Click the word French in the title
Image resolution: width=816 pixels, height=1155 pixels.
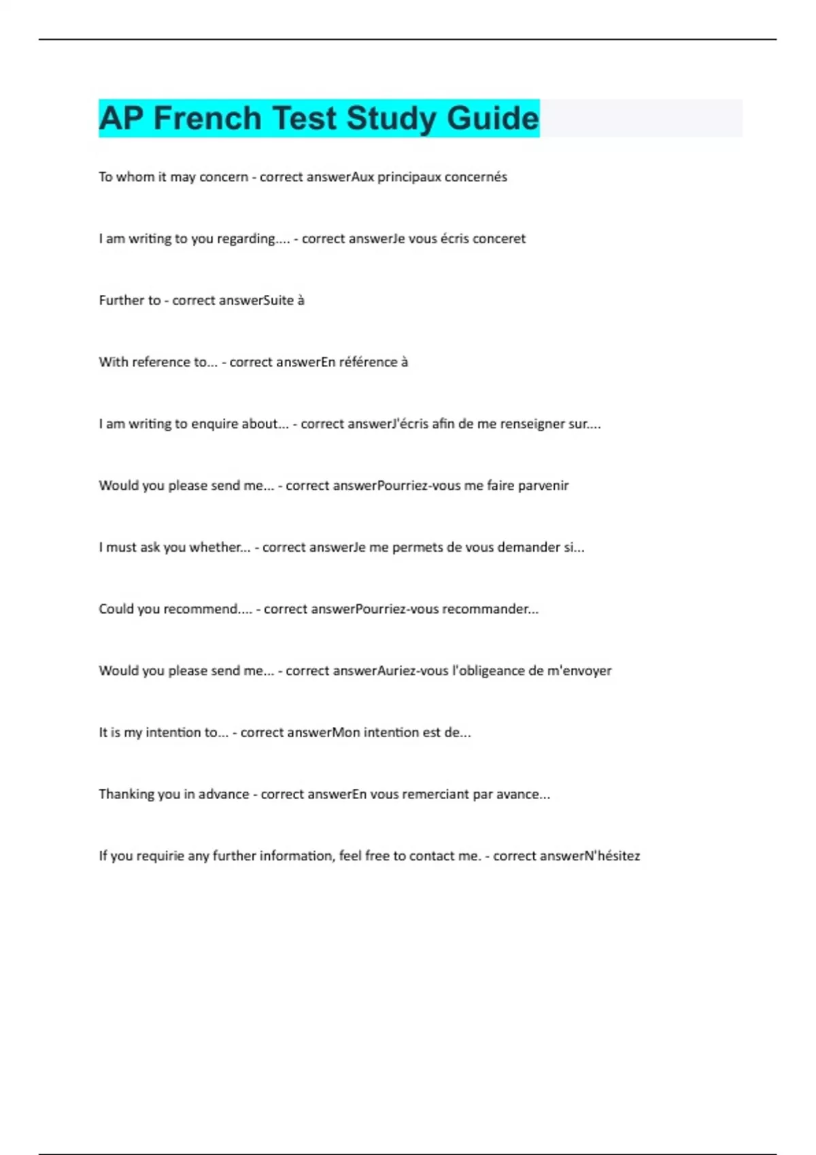click(207, 118)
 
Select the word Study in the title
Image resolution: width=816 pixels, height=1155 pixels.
click(390, 118)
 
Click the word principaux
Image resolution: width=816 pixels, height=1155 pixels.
click(409, 177)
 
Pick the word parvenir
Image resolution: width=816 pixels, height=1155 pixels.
click(543, 486)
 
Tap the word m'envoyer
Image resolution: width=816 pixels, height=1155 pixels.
click(579, 671)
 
